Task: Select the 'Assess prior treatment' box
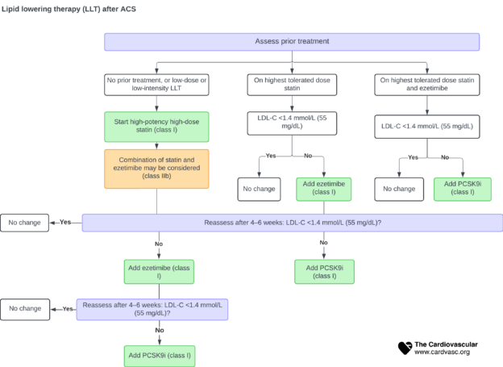point(292,41)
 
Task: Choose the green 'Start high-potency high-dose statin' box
point(156,127)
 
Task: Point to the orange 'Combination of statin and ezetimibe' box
point(156,169)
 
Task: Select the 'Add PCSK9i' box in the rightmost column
point(463,189)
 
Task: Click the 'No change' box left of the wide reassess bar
point(25,223)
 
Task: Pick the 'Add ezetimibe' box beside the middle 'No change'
point(326,189)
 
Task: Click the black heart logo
point(405,348)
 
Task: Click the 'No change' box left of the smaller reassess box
point(25,308)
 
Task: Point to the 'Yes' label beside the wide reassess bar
point(65,223)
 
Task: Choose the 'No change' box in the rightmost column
point(399,189)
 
